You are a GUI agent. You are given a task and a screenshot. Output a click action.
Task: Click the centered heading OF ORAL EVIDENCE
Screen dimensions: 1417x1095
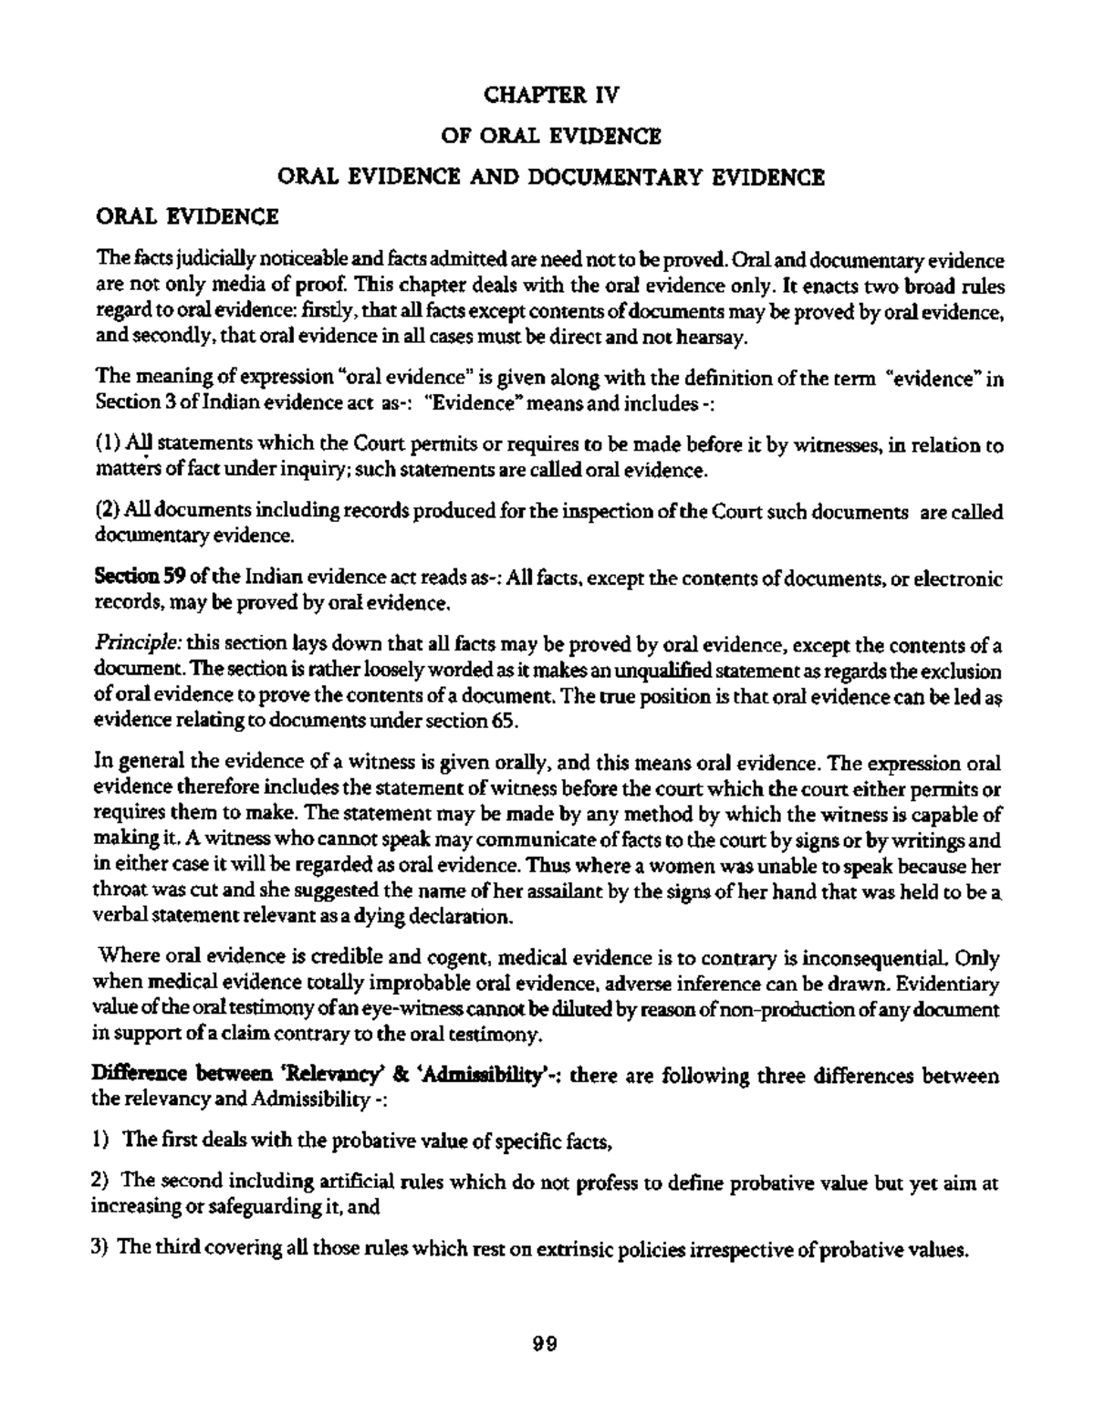pos(550,136)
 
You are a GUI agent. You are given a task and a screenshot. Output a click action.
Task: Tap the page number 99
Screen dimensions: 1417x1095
pos(545,1344)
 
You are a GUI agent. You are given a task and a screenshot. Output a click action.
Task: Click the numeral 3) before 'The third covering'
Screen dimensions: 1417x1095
pos(102,1249)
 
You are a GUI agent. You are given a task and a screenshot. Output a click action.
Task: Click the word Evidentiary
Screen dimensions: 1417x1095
pos(948,985)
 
